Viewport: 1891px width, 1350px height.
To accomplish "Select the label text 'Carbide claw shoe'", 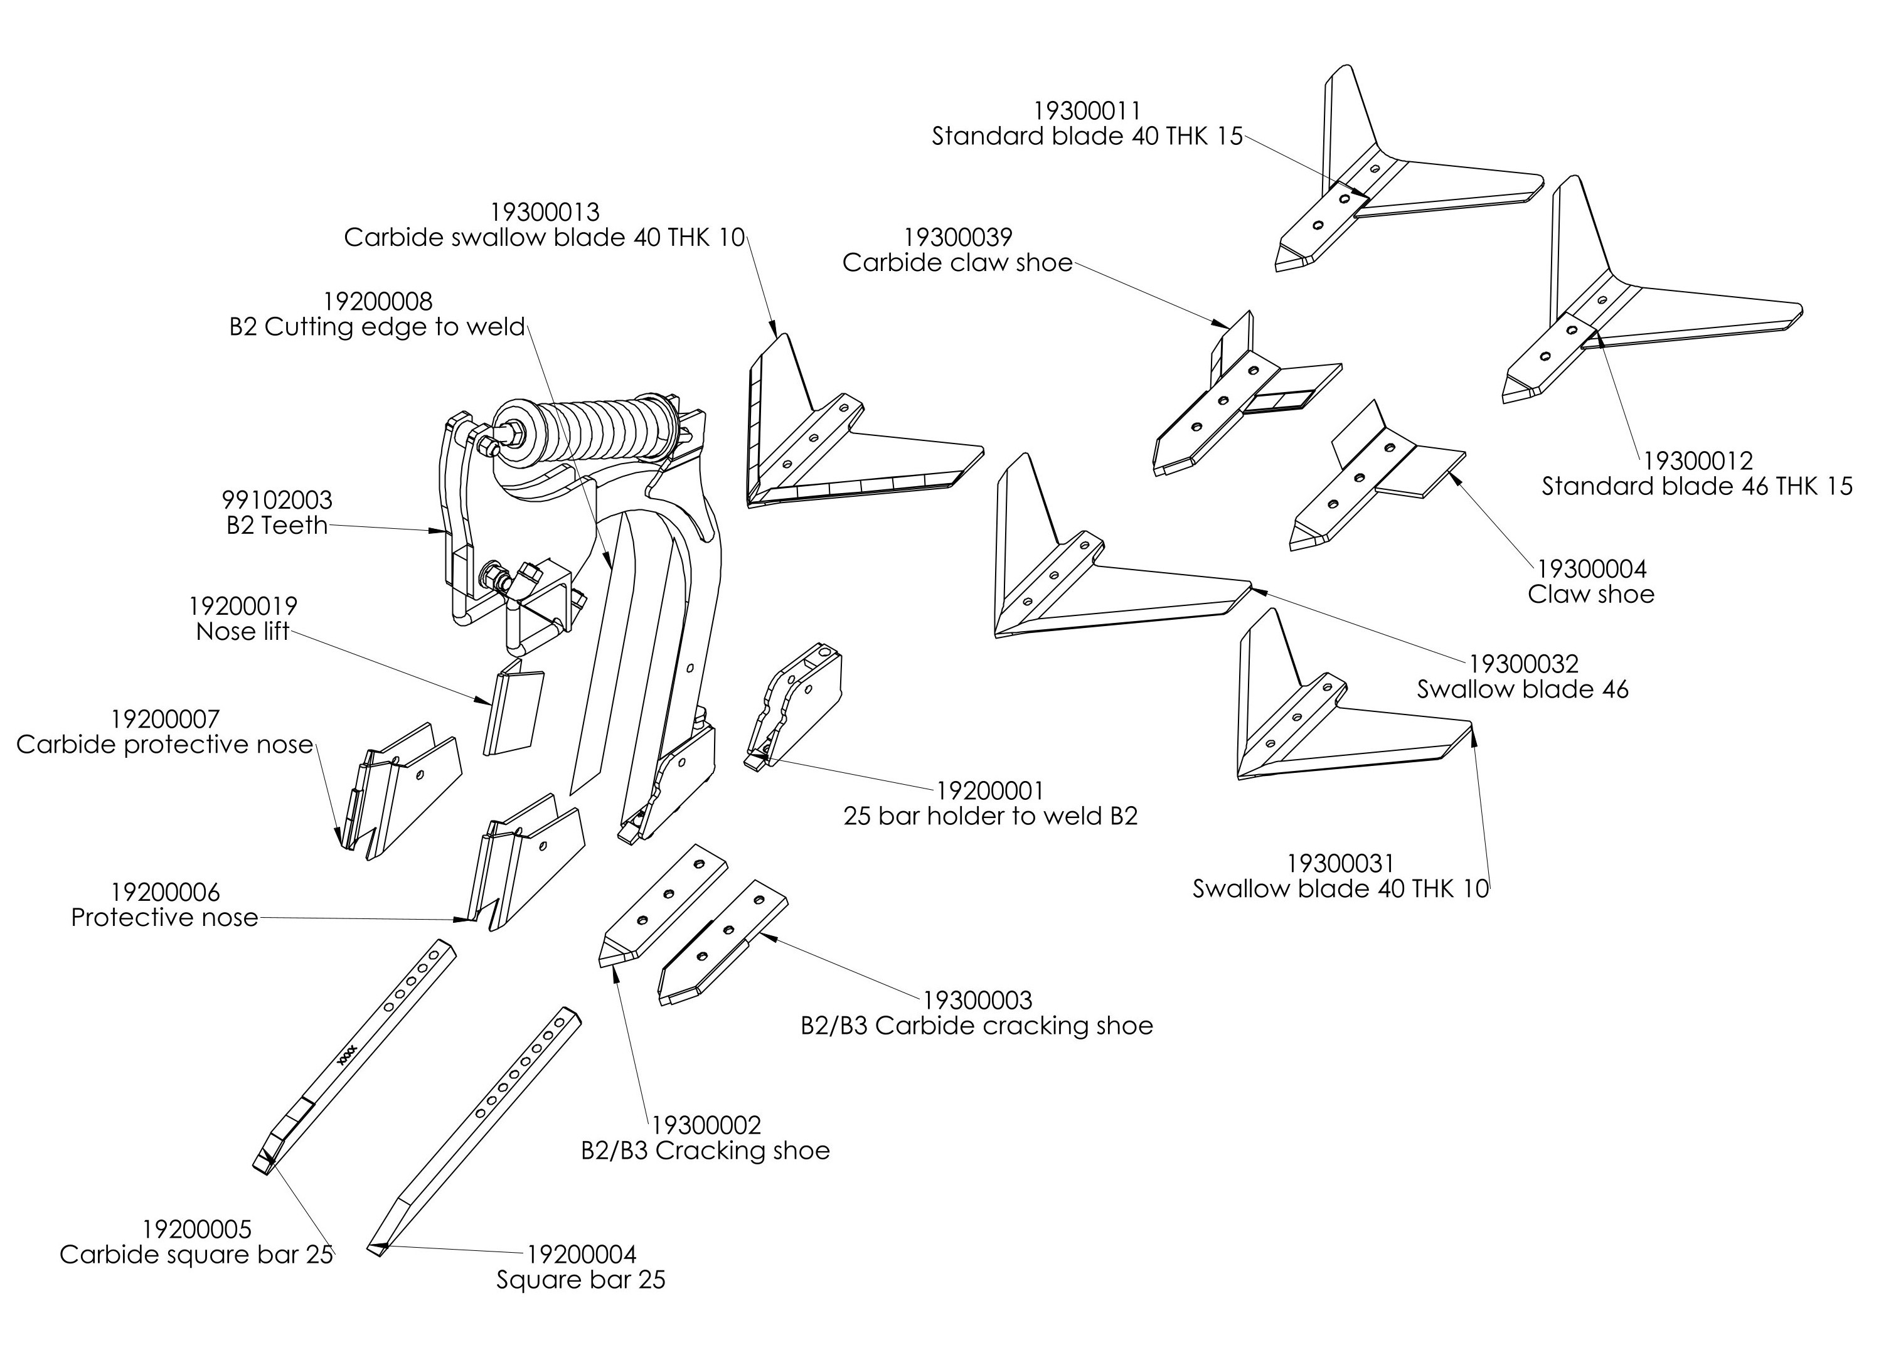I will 957,263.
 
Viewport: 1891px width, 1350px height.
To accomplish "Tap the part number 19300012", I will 1697,460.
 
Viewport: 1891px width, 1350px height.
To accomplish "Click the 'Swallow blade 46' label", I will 1522,689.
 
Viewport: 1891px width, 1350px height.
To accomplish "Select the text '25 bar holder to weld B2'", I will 990,816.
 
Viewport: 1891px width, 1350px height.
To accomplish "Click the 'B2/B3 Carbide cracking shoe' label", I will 977,1026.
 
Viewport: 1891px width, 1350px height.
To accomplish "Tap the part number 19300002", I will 706,1125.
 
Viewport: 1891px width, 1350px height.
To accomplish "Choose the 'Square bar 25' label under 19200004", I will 581,1279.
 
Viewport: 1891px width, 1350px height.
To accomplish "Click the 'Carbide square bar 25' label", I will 196,1255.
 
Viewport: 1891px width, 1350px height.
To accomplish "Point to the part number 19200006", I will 166,893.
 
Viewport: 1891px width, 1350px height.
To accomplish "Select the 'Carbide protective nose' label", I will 164,745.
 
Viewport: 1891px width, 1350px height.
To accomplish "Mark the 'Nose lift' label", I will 243,632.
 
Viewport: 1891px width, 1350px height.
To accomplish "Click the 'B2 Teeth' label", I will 277,525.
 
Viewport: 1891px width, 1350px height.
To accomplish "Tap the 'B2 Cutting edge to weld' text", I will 377,327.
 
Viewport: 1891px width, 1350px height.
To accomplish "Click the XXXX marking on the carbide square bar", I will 348,1055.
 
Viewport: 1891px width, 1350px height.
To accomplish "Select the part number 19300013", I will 545,213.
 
